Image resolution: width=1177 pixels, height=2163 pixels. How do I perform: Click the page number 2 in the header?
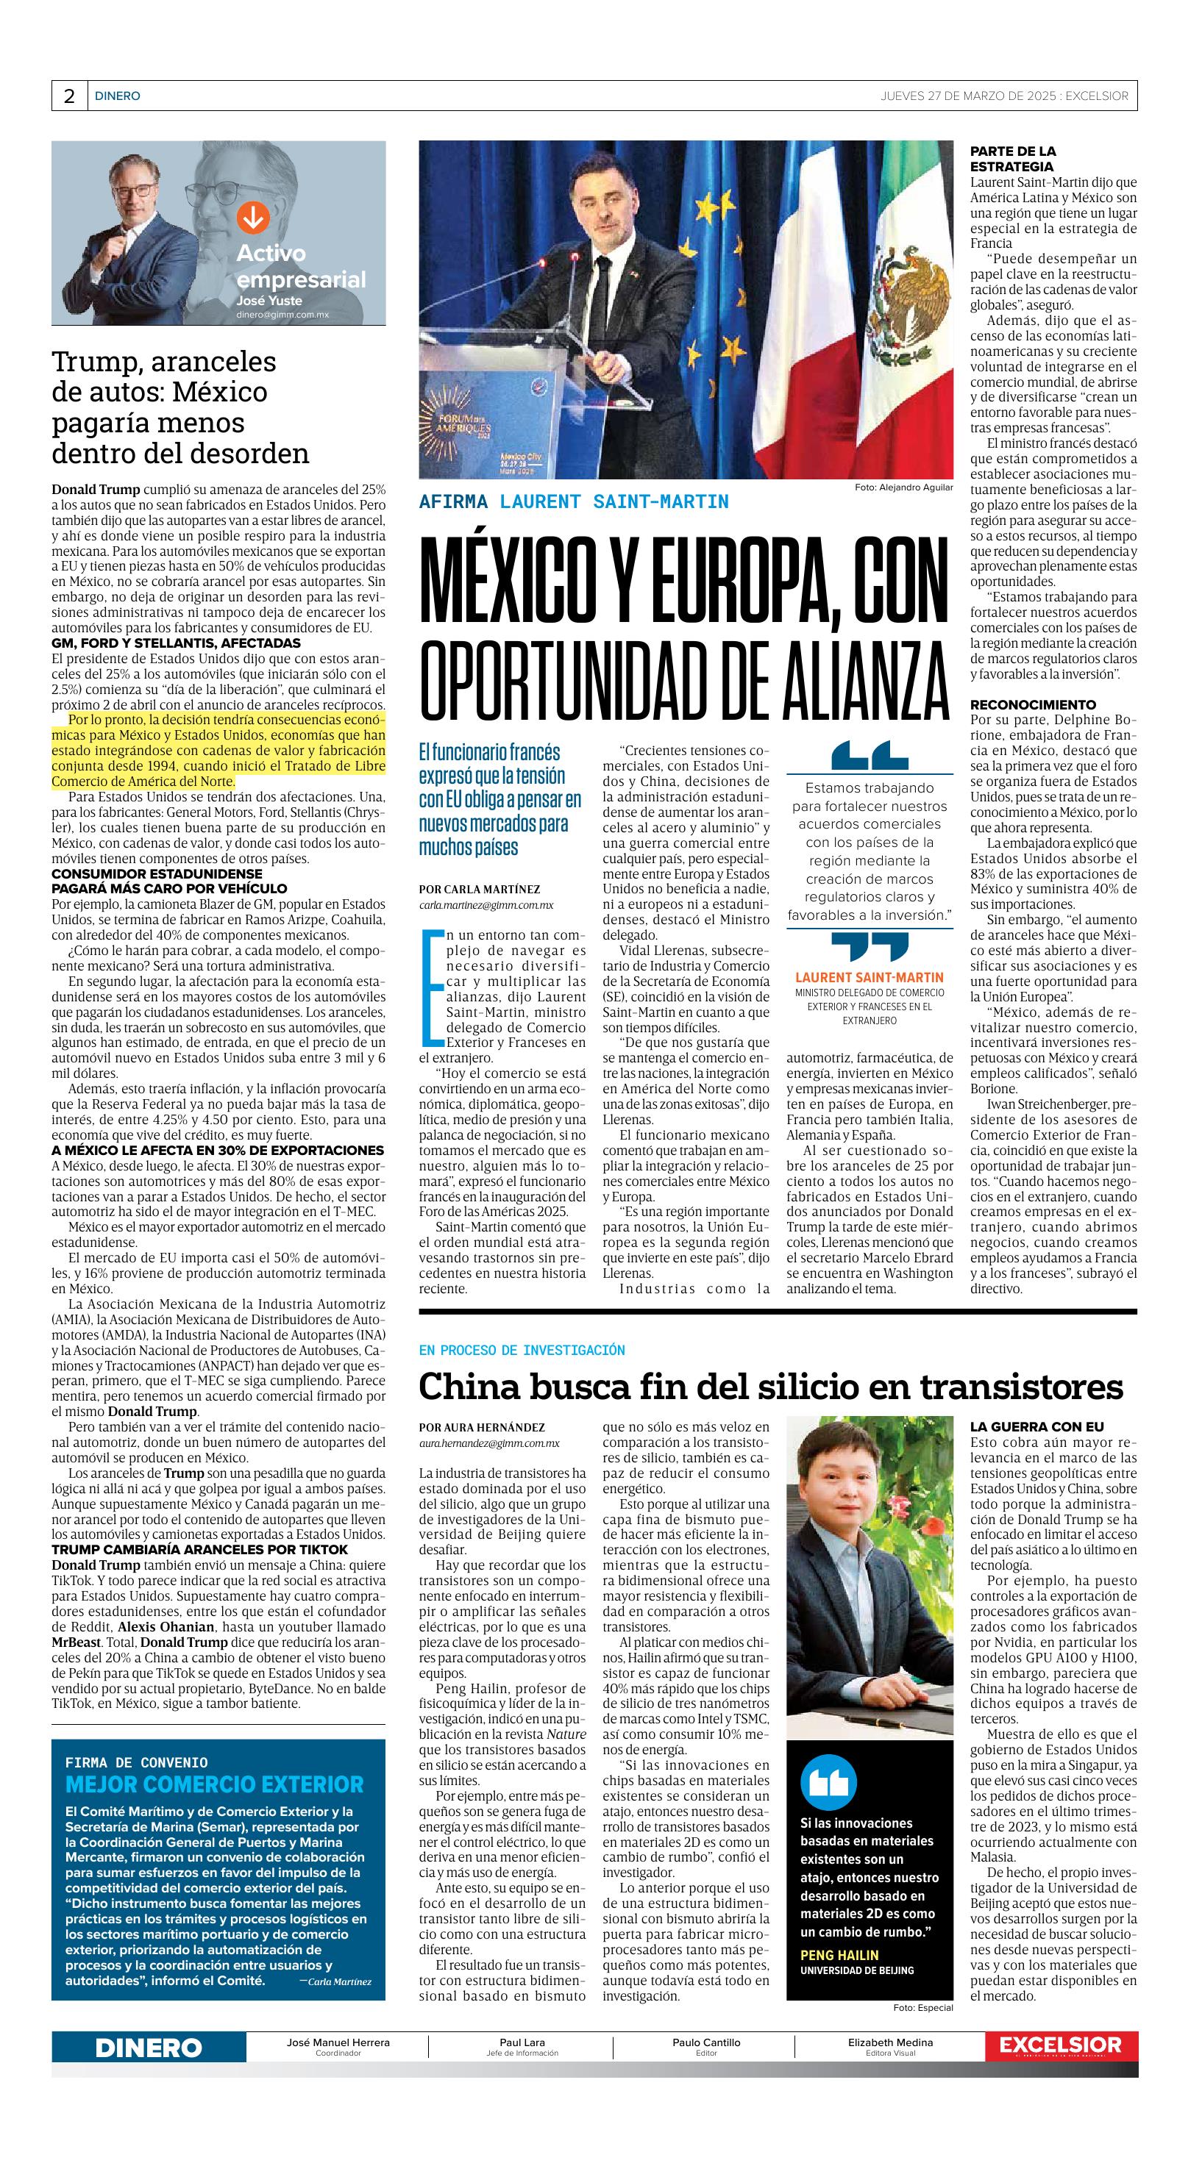69,96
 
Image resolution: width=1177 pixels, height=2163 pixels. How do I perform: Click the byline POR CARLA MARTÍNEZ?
480,889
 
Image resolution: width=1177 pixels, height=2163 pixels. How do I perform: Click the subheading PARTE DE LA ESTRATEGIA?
1012,159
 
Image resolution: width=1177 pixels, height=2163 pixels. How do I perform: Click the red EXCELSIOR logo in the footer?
1060,2045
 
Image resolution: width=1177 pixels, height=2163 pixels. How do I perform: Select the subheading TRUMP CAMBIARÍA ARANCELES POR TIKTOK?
199,1549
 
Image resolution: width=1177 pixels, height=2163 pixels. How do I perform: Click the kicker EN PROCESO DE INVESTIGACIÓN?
522,1349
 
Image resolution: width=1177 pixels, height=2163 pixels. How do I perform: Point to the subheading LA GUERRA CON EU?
1025,1426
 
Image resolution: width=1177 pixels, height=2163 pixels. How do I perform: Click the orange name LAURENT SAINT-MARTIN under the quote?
869,977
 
